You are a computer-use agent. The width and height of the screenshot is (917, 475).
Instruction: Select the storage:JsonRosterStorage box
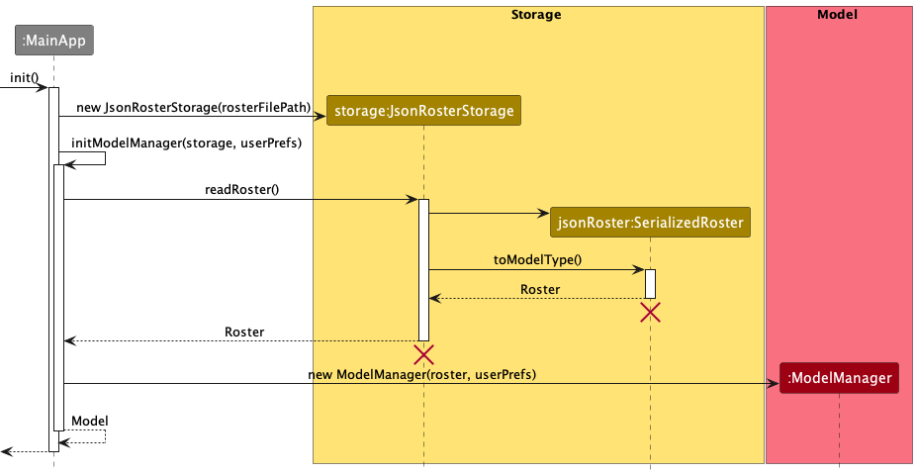click(x=424, y=111)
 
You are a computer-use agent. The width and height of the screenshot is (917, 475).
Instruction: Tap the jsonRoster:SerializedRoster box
click(x=650, y=223)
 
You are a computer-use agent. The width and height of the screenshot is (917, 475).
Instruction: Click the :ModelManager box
click(x=839, y=377)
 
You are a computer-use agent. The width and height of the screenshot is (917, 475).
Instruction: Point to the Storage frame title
click(x=537, y=15)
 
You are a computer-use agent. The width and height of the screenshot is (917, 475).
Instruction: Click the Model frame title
click(x=838, y=15)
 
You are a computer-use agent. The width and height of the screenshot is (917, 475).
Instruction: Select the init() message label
click(x=24, y=77)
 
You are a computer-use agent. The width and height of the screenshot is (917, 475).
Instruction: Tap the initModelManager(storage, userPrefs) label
click(x=186, y=142)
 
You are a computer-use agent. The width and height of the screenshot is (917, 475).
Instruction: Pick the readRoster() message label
click(x=241, y=189)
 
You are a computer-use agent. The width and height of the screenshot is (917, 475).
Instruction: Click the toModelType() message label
click(x=537, y=259)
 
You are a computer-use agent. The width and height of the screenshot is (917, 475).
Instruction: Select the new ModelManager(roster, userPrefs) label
click(x=422, y=374)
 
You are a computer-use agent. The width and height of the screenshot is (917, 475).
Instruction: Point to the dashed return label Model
click(x=90, y=421)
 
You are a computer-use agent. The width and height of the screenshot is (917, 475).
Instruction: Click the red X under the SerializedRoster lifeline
click(x=650, y=313)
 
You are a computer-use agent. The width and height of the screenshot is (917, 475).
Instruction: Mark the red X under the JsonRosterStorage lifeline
click(x=423, y=354)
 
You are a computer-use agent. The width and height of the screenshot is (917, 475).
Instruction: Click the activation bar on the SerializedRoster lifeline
click(x=650, y=283)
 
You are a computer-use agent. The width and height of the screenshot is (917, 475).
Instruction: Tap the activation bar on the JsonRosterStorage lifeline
click(x=423, y=269)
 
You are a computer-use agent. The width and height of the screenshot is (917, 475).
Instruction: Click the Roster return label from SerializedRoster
click(x=539, y=289)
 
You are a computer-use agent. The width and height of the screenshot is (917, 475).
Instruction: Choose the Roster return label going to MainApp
click(x=244, y=332)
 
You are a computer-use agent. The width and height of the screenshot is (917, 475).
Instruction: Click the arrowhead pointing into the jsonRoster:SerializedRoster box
click(x=544, y=213)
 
